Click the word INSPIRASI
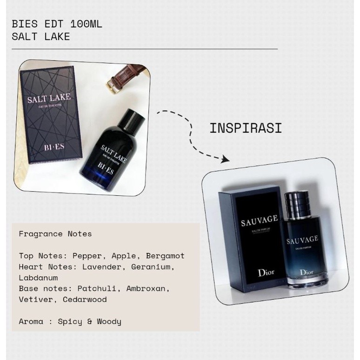pos(246,128)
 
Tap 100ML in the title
pos(87,24)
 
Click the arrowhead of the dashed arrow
pos(225,159)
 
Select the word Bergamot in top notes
pos(165,256)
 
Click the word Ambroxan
pos(148,288)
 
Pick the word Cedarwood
pos(85,300)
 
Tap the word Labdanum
pos(38,278)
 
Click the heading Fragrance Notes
pos(55,234)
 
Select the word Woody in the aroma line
pos(109,321)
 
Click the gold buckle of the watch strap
pos(113,85)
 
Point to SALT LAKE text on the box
pos(49,98)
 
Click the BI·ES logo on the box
pos(54,147)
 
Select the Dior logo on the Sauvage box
pos(266,273)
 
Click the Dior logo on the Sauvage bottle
pos(307,272)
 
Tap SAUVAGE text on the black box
pos(260,220)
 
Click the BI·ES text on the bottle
pos(106,168)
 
